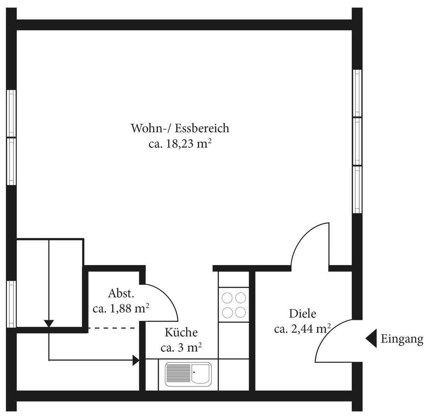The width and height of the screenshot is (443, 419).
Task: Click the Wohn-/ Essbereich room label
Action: pyautogui.click(x=180, y=128)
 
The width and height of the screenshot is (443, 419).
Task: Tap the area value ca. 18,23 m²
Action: pyautogui.click(x=180, y=144)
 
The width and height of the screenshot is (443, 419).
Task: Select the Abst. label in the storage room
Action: pyautogui.click(x=121, y=294)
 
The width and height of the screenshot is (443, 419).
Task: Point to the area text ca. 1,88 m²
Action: pyautogui.click(x=121, y=309)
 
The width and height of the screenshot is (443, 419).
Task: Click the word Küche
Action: pyautogui.click(x=181, y=332)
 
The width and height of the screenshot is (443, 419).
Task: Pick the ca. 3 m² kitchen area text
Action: pyautogui.click(x=181, y=348)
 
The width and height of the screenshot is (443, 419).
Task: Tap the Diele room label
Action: pyautogui.click(x=302, y=314)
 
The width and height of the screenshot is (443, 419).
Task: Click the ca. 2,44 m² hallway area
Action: pyautogui.click(x=302, y=329)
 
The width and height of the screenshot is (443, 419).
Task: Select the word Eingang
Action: pyautogui.click(x=402, y=339)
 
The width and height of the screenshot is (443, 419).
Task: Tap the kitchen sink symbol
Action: pyautogui.click(x=188, y=375)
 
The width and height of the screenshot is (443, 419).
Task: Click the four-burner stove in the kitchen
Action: pyautogui.click(x=234, y=304)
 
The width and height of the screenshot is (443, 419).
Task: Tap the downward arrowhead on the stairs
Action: pyautogui.click(x=49, y=324)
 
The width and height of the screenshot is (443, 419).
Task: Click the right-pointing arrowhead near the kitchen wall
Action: pyautogui.click(x=136, y=360)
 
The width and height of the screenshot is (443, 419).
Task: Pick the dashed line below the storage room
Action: pyautogui.click(x=114, y=328)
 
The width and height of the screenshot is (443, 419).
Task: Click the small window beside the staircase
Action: pyautogui.click(x=12, y=304)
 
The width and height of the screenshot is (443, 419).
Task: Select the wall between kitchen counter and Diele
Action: pyautogui.click(x=252, y=331)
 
